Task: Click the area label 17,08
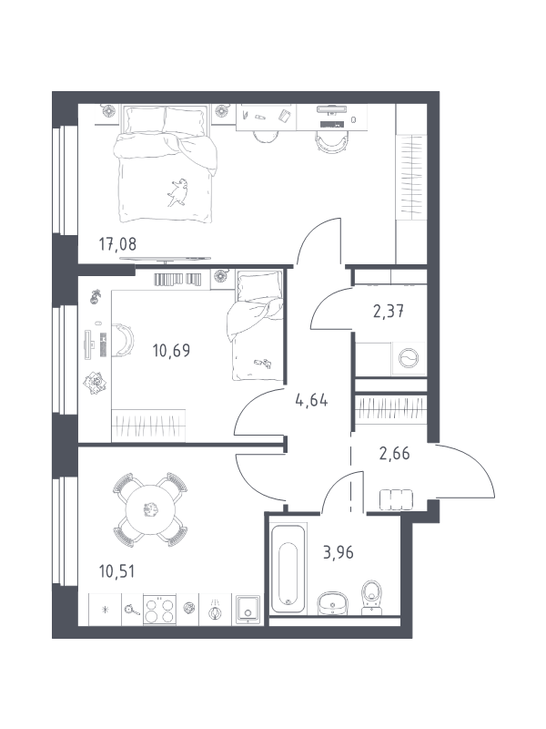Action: click(x=118, y=243)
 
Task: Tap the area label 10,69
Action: click(x=171, y=351)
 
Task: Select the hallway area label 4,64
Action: click(x=311, y=400)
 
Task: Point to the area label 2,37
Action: click(x=389, y=311)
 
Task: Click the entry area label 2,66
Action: click(x=395, y=453)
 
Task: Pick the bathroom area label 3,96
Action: click(x=339, y=553)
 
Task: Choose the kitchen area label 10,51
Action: click(x=117, y=571)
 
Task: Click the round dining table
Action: click(x=150, y=509)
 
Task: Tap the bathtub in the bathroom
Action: click(x=288, y=568)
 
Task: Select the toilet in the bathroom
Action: click(x=371, y=597)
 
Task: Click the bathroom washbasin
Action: click(x=333, y=603)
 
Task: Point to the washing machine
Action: click(x=409, y=358)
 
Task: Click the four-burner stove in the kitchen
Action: click(x=160, y=610)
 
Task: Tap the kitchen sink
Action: click(x=248, y=609)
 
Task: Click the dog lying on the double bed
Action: click(x=177, y=191)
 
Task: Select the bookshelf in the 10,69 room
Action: click(x=177, y=279)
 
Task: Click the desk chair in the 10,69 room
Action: click(x=123, y=341)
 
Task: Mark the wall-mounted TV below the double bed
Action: click(x=165, y=259)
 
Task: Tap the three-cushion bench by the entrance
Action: click(x=396, y=499)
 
